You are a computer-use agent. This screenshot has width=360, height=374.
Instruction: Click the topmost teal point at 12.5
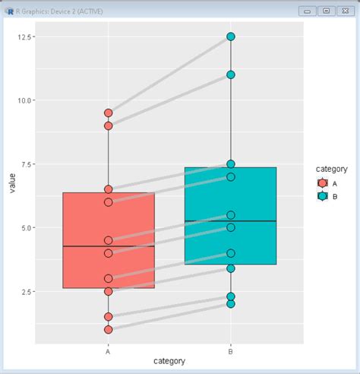[x=231, y=36]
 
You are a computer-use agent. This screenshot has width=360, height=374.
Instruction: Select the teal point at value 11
[x=231, y=74]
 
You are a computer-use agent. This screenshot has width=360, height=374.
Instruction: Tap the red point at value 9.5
[x=109, y=113]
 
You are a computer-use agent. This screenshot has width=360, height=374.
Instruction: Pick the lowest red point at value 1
[x=109, y=329]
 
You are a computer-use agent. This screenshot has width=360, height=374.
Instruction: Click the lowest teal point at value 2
[x=231, y=304]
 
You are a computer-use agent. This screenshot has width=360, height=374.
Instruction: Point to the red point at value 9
[x=109, y=125]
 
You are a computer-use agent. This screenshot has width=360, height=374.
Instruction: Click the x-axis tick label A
[x=109, y=350]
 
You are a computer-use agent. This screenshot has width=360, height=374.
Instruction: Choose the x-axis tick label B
[x=231, y=350]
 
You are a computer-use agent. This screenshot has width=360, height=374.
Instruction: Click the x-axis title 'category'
[x=169, y=360]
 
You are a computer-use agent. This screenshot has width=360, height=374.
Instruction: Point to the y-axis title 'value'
[x=9, y=183]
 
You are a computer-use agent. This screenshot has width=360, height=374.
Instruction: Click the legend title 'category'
[x=332, y=169]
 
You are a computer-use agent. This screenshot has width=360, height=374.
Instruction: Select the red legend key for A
[x=323, y=183]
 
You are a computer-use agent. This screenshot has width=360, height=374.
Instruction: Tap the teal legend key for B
[x=323, y=196]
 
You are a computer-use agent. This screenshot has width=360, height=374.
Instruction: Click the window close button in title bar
[x=345, y=11]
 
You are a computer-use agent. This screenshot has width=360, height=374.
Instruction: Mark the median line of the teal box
[x=231, y=221]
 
